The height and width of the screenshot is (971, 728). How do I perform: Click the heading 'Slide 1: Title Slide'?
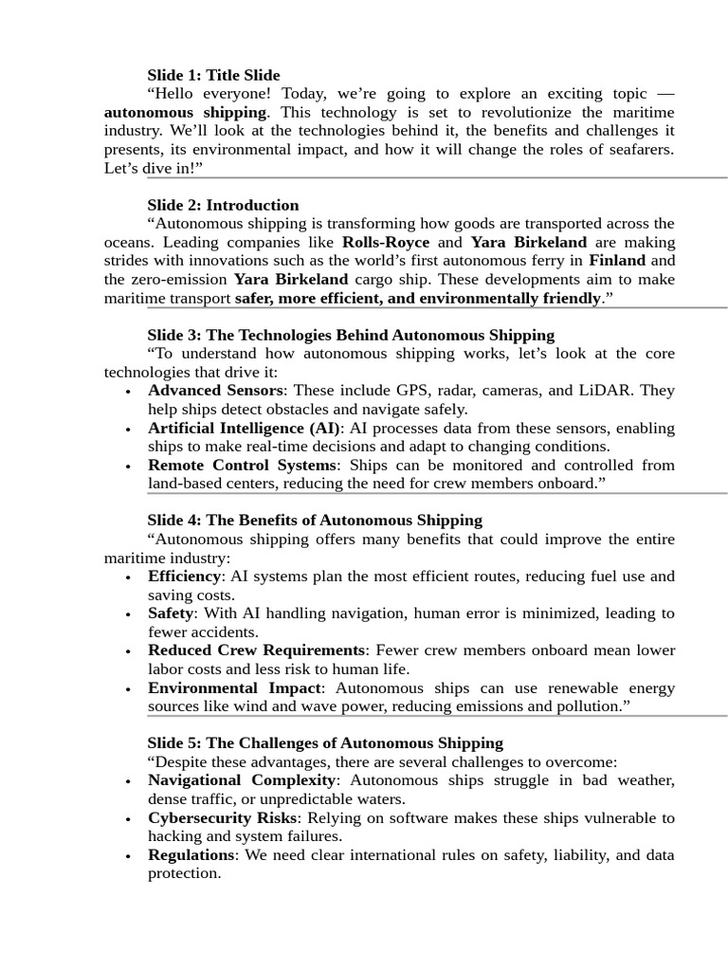[x=213, y=75]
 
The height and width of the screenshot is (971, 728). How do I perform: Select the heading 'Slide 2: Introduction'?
[x=223, y=205]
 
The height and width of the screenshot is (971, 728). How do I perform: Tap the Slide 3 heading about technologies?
[x=351, y=335]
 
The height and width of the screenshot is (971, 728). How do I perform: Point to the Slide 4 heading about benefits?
[x=315, y=520]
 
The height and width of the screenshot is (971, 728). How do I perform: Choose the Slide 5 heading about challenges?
[x=325, y=742]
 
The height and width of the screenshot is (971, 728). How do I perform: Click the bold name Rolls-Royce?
[x=385, y=242]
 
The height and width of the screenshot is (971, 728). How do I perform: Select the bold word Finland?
[x=616, y=260]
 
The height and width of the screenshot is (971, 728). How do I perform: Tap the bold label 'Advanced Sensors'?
[x=215, y=390]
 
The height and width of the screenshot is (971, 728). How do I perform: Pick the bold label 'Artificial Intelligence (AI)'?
[x=245, y=428]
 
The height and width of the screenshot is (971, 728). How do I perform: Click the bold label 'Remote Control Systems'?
[x=242, y=465]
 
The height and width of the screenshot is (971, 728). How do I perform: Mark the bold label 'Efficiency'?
[x=184, y=576]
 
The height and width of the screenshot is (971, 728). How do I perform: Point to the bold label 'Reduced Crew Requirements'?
[x=256, y=650]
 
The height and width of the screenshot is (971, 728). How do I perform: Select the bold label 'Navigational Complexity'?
[x=242, y=779]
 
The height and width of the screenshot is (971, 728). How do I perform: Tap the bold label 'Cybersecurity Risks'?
[x=222, y=817]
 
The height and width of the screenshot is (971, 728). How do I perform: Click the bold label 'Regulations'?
[x=191, y=854]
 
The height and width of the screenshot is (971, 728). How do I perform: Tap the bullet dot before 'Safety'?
[x=128, y=614]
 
